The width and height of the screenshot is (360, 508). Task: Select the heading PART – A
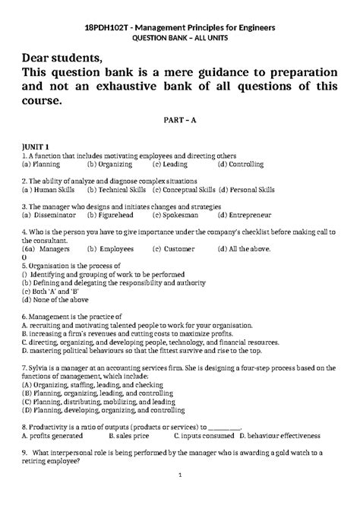[x=179, y=120]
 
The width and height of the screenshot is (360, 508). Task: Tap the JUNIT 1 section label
[x=36, y=146]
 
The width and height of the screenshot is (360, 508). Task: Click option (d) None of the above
[x=55, y=299]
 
